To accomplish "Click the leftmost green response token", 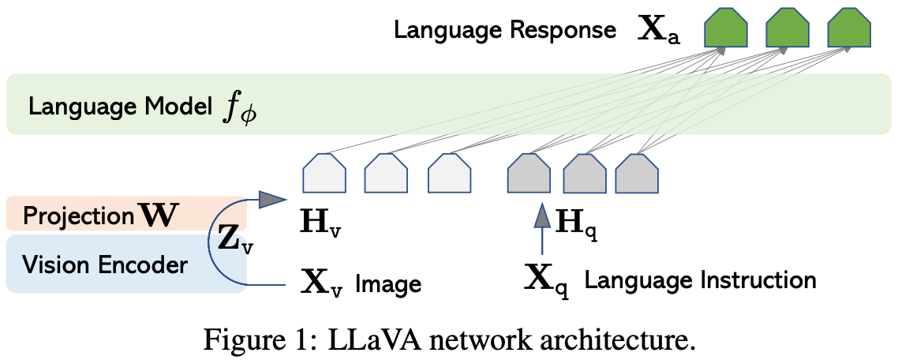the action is point(725,29).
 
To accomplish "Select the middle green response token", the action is point(788,29).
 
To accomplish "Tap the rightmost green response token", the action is point(850,29).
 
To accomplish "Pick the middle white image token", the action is point(387,173).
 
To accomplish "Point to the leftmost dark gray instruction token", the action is point(529,173).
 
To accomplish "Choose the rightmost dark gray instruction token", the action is point(636,173).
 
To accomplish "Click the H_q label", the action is point(578,223).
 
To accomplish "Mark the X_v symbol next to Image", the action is point(322,283).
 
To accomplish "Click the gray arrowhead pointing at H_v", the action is point(272,200).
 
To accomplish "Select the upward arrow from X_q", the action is point(540,229).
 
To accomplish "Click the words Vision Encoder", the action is point(104,265).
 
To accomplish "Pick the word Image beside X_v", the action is point(390,283).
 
